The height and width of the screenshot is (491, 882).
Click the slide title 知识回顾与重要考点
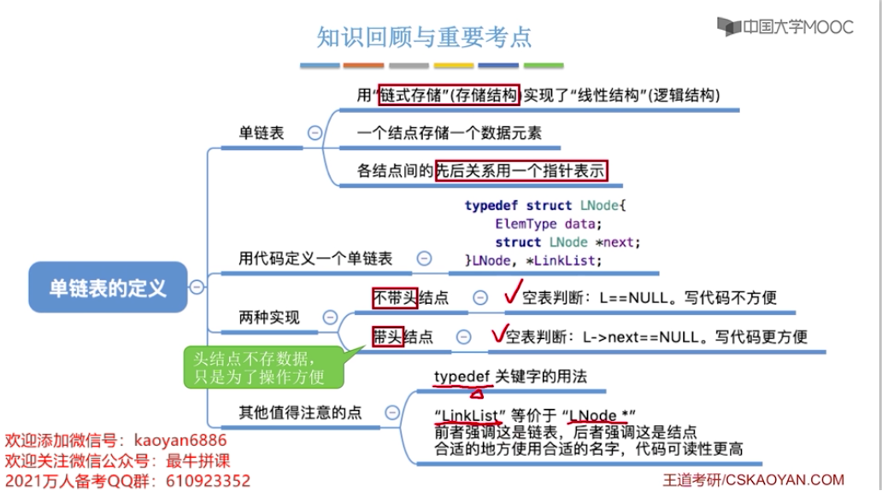coord(424,37)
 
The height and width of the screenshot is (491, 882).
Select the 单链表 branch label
coord(261,133)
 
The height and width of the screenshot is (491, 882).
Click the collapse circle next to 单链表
coord(315,133)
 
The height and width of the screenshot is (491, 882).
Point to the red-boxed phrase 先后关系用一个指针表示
coord(520,171)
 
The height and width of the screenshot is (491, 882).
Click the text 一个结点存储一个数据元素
coord(449,133)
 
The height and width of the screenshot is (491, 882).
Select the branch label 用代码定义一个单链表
coord(315,259)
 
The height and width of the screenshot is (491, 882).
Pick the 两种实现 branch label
coord(268,318)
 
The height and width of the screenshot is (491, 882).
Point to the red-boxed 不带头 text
coord(394,297)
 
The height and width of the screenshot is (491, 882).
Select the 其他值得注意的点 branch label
coord(299,412)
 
